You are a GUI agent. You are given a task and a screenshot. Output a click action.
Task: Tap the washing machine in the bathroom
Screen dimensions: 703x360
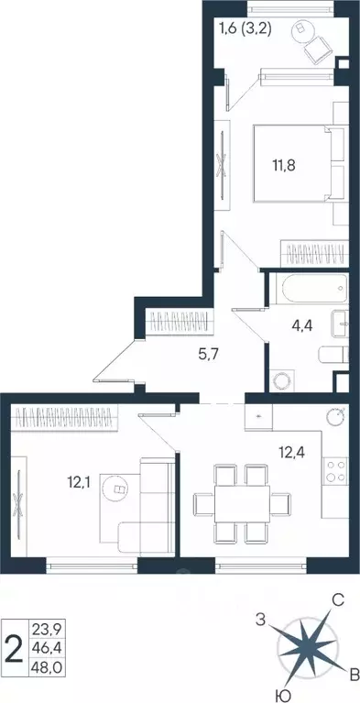pyautogui.click(x=283, y=379)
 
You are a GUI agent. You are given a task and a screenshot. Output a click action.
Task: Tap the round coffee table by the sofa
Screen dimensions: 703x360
pyautogui.click(x=117, y=489)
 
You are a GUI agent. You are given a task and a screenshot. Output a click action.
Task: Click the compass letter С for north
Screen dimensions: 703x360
pyautogui.click(x=337, y=600)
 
